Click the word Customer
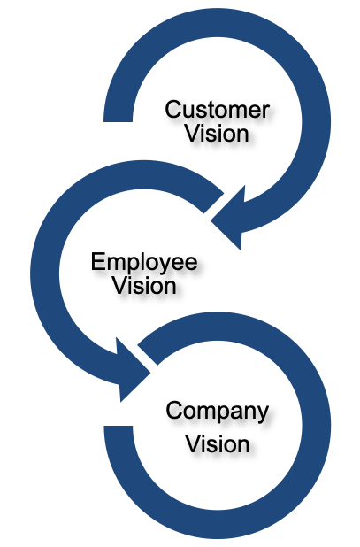coord(217,110)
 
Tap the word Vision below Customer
coord(217,134)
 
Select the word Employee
coord(144,262)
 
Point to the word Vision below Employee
coord(144,286)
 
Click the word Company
coord(217,412)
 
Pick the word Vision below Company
coord(217,443)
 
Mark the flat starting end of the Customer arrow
coord(119,121)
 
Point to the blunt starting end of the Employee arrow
coord(214,203)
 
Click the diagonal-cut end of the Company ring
coord(148,355)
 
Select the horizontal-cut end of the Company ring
coord(119,427)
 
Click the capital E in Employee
coord(98,262)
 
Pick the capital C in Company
coord(173,411)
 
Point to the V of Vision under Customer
coord(193,134)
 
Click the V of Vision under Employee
coord(120,286)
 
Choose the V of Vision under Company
coord(194,443)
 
